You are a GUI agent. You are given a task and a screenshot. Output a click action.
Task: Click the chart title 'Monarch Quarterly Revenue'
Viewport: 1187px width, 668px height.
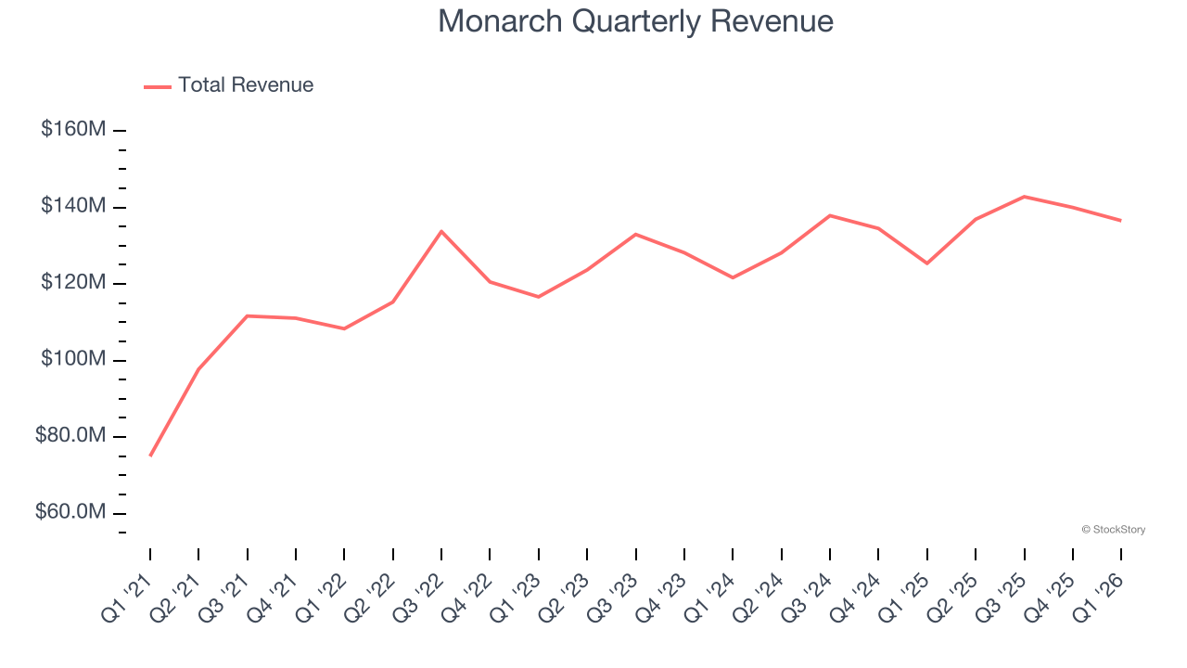click(x=635, y=21)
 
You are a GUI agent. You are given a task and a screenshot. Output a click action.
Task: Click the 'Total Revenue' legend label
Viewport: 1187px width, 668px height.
click(x=246, y=85)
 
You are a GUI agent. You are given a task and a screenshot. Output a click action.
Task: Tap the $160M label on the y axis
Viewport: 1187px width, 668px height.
click(x=73, y=129)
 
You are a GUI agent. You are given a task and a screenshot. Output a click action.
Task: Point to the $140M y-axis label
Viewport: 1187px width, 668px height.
click(x=73, y=206)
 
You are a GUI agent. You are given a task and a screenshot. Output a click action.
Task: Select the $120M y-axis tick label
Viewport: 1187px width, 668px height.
click(x=73, y=283)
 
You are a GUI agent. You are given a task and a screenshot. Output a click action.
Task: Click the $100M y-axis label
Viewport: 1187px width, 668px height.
click(x=73, y=359)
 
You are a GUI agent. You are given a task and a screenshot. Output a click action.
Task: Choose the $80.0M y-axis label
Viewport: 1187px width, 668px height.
click(x=70, y=436)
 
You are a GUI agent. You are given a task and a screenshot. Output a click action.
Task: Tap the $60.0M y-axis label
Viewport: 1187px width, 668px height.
click(x=70, y=512)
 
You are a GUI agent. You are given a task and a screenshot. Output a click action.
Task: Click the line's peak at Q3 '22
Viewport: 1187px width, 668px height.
click(x=441, y=231)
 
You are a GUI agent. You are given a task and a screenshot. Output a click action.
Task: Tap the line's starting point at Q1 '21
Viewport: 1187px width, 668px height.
click(x=150, y=456)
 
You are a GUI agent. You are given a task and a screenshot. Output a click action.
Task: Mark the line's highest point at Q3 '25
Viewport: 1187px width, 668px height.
click(x=1024, y=197)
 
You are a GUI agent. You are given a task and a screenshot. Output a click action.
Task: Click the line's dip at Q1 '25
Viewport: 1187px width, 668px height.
click(x=926, y=263)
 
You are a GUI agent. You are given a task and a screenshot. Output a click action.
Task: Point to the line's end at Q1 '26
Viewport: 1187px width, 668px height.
click(x=1121, y=221)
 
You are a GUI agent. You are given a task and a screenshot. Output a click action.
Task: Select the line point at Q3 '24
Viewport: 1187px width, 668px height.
click(x=830, y=215)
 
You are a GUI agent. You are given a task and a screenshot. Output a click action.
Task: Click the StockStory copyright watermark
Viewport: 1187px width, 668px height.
click(x=1113, y=530)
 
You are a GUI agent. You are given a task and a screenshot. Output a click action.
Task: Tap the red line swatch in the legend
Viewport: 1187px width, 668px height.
click(x=158, y=86)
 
